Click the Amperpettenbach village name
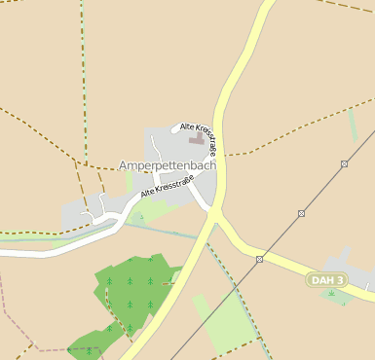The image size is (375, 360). click(168, 165)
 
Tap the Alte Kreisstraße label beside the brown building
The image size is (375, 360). click(201, 137)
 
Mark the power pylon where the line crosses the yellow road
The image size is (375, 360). click(260, 259)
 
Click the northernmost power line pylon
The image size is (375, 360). click(344, 164)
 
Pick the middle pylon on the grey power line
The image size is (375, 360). click(302, 213)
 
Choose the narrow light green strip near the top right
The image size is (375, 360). click(353, 126)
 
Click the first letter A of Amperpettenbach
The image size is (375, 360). click(124, 165)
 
